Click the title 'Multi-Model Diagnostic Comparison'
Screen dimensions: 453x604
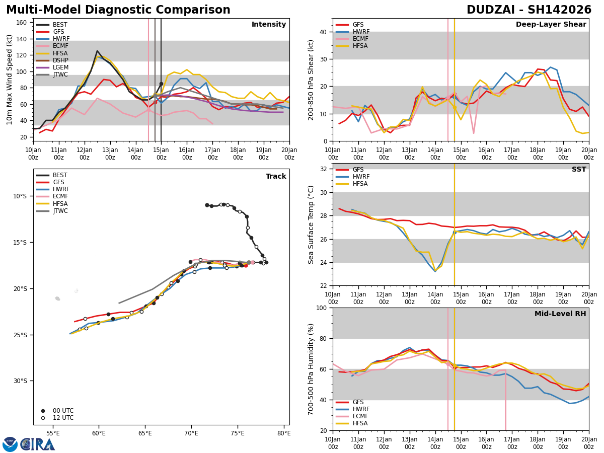click(x=118, y=10)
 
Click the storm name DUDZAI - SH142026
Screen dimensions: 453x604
click(x=529, y=10)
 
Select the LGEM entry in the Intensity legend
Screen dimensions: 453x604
click(x=61, y=67)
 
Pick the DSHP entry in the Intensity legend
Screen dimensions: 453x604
click(x=61, y=60)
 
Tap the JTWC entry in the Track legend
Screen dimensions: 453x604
click(x=61, y=211)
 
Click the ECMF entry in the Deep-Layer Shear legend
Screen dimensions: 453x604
click(x=361, y=39)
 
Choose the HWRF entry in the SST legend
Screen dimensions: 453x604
click(x=361, y=177)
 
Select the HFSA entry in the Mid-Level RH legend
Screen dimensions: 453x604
click(x=361, y=423)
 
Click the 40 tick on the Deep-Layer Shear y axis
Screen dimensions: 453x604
click(x=325, y=32)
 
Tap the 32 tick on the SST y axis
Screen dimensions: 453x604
click(x=325, y=169)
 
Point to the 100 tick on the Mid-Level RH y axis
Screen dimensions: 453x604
click(x=323, y=308)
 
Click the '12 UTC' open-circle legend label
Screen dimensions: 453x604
click(x=63, y=418)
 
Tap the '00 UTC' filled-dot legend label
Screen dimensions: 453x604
click(x=63, y=411)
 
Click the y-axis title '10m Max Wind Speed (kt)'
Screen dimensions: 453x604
click(x=10, y=80)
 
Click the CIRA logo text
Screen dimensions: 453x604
click(x=38, y=444)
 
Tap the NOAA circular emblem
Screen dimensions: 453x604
click(x=10, y=444)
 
